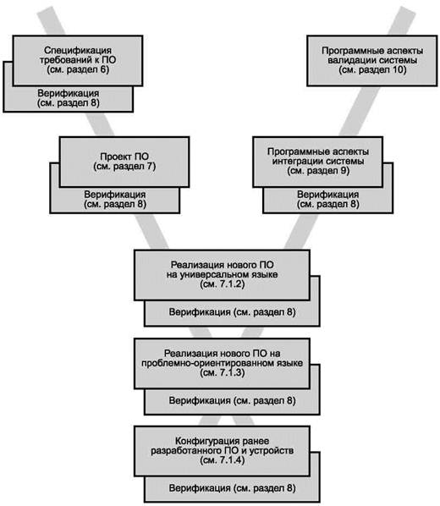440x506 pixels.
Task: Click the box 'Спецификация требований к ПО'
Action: coord(78,61)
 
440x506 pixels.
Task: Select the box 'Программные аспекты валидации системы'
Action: coord(372,61)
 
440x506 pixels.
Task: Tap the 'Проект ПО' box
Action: coord(124,162)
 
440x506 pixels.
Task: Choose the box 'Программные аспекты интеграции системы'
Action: coord(318,162)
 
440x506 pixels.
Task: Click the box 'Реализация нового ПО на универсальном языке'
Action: coord(222,275)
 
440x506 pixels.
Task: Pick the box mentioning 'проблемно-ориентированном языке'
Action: coord(222,363)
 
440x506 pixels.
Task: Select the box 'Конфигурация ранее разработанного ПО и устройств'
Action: coord(222,451)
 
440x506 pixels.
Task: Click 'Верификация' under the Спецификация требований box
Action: coord(69,94)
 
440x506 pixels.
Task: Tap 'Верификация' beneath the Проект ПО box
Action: coord(115,195)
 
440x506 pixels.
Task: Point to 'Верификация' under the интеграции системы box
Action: coord(328,195)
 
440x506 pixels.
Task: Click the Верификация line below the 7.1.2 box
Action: coord(232,312)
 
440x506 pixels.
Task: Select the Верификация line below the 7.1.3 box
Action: coord(232,401)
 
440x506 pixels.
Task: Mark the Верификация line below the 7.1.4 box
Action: coord(232,488)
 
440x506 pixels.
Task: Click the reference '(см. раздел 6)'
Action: coord(78,69)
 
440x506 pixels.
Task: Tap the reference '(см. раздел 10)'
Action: coord(372,69)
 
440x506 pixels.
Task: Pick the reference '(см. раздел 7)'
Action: coord(124,167)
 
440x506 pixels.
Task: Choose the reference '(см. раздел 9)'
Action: coord(318,171)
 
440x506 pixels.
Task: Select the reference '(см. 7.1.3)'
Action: coord(222,373)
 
